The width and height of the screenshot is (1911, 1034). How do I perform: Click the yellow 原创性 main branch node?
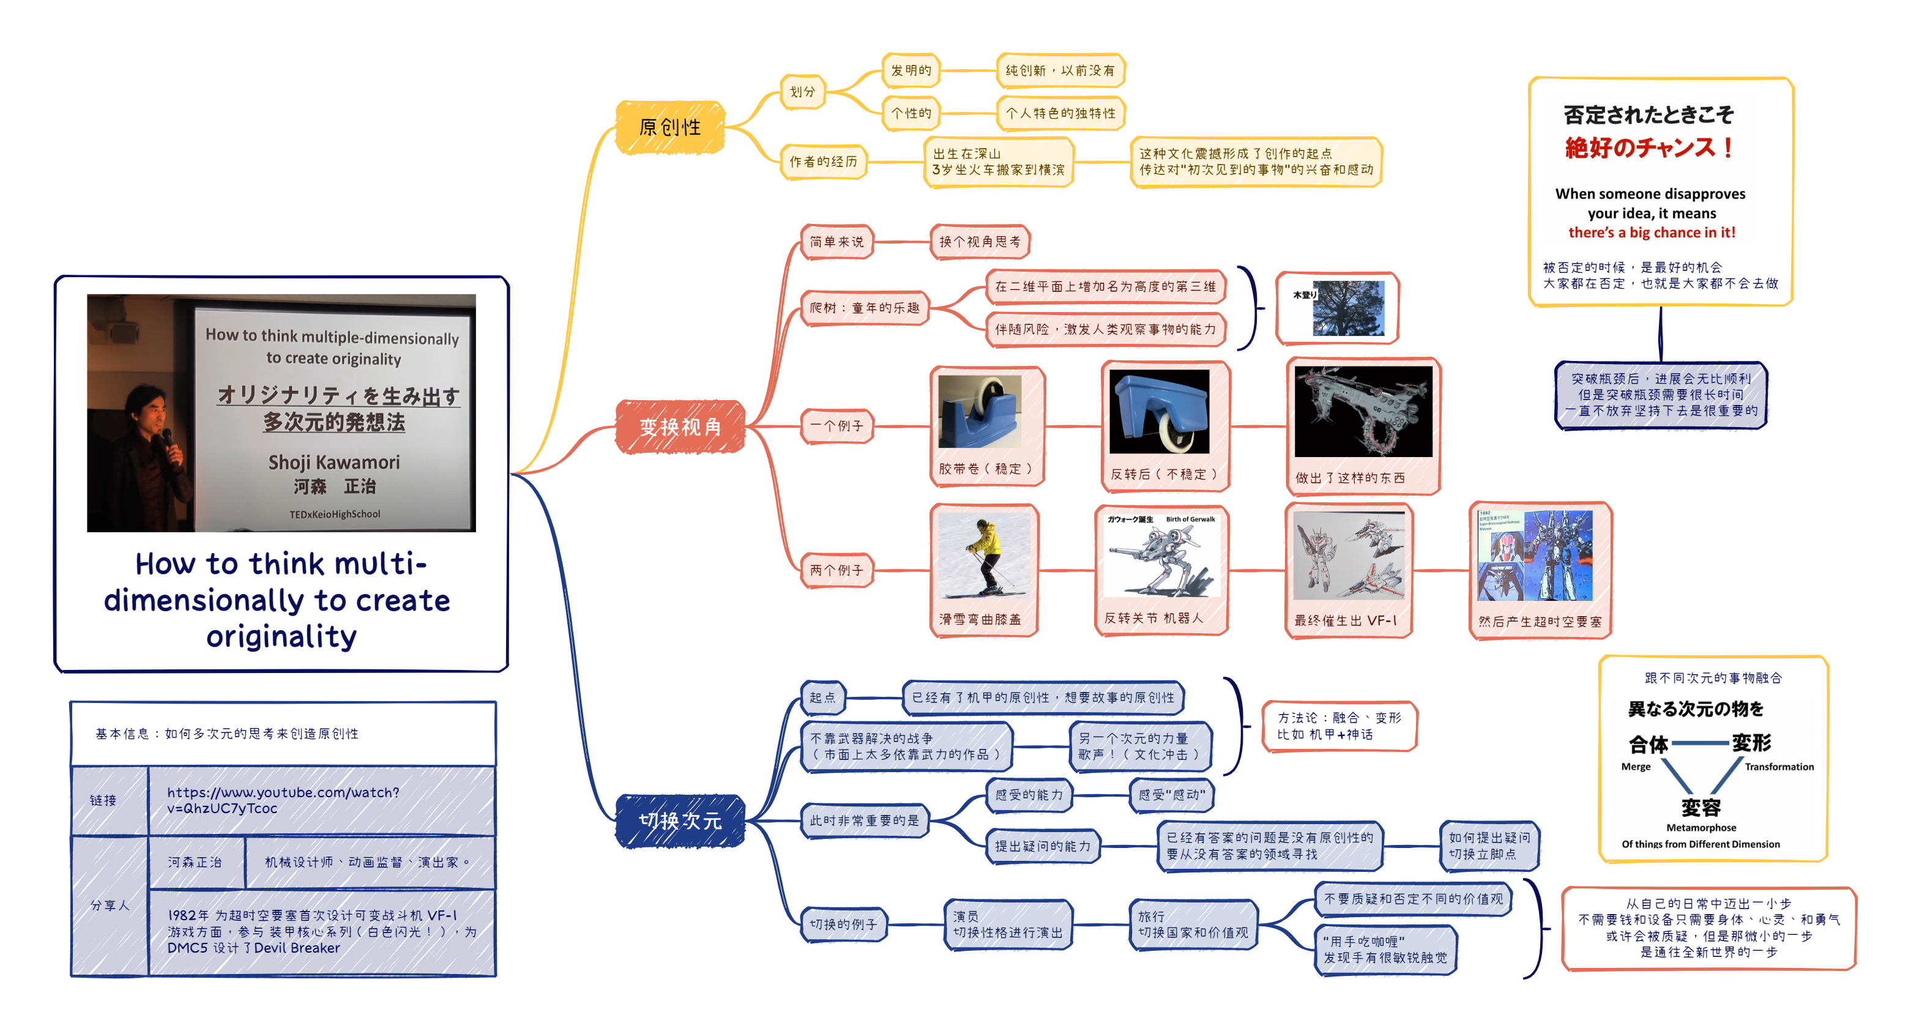tap(670, 128)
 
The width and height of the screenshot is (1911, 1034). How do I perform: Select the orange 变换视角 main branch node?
tap(680, 426)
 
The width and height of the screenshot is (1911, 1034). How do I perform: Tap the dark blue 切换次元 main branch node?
tap(680, 820)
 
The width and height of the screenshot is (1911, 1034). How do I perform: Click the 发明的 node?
tap(911, 70)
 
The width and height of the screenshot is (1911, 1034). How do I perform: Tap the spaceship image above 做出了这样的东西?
tap(1363, 412)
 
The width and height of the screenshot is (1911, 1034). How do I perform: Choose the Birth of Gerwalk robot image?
tap(1161, 556)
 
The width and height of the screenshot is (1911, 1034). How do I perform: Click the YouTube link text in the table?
tap(283, 800)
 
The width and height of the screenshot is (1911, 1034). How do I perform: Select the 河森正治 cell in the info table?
tap(195, 862)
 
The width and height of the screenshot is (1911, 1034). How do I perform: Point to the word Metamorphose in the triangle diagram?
tap(1701, 828)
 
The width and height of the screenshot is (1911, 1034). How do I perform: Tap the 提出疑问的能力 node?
tap(1042, 846)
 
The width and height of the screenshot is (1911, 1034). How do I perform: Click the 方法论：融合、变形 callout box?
tap(1339, 726)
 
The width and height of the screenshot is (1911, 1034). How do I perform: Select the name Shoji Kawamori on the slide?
tap(334, 462)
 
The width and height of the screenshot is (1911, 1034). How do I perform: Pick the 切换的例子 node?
tap(843, 924)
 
